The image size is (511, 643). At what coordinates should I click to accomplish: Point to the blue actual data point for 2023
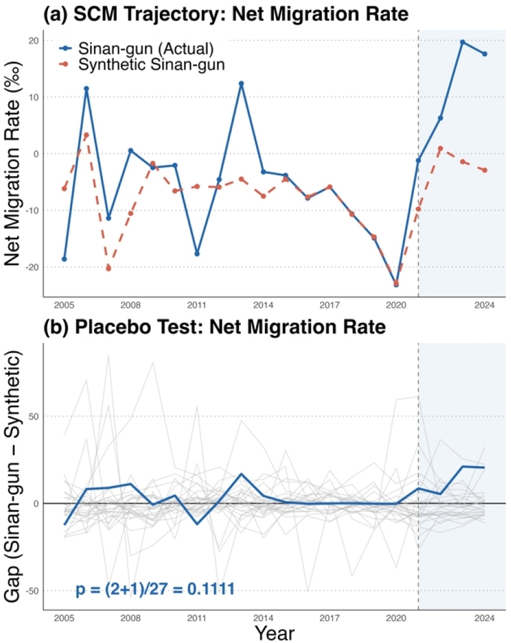coord(462,42)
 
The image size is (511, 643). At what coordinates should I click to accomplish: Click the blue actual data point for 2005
coord(64,259)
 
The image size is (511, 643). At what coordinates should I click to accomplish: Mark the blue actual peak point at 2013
coord(241,84)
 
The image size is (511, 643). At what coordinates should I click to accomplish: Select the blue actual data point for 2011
coord(197,254)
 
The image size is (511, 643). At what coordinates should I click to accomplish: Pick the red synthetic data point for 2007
coord(109,269)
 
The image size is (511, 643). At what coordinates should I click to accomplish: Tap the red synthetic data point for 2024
coord(485,170)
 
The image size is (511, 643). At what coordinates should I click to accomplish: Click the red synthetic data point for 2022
coord(441,148)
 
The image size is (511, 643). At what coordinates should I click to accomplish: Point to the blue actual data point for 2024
coord(485,54)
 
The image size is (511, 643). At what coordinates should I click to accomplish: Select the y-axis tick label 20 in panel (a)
coord(30,40)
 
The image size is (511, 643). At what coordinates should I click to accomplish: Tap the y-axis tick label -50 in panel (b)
coord(28,591)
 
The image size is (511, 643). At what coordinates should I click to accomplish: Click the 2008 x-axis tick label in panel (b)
coord(130,619)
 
